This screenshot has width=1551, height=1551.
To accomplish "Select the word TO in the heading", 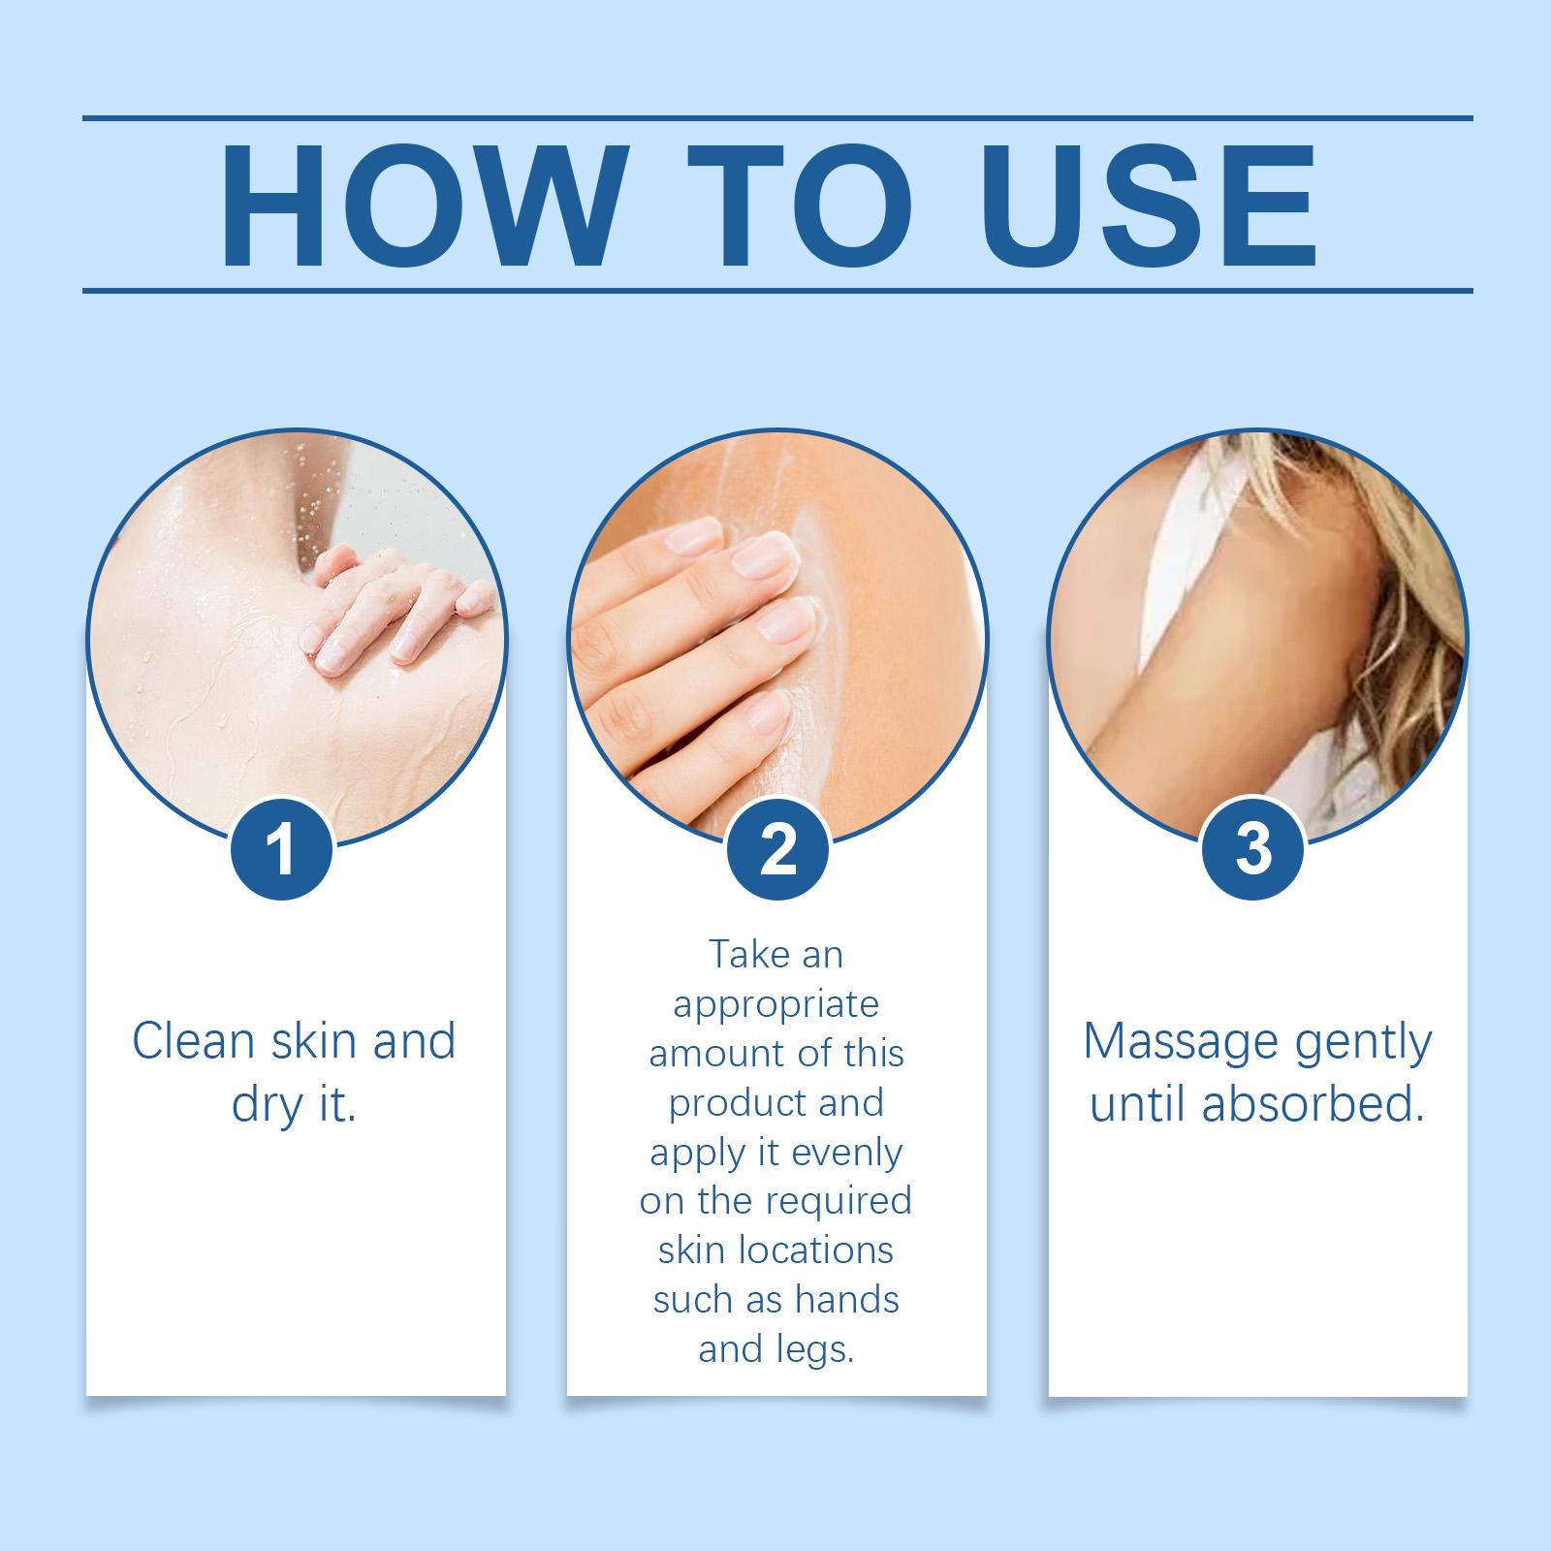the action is coord(804,206).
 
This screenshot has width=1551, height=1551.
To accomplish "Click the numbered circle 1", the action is coord(282,849).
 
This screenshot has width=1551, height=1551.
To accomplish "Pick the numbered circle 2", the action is coord(776,849).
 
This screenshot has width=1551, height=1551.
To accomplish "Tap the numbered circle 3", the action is coord(1252,849).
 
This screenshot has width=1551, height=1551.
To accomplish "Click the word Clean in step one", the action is coord(195,1042).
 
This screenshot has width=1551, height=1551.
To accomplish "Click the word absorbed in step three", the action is coord(1314,1106).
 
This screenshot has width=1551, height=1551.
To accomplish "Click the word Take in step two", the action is coord(748,955).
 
